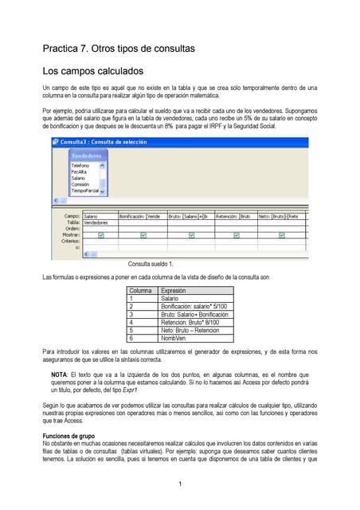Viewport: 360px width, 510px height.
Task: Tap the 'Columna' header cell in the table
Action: tap(142, 291)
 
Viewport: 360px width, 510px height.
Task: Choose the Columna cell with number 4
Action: tap(131, 323)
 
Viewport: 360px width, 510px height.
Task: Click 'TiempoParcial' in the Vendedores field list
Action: tap(87, 190)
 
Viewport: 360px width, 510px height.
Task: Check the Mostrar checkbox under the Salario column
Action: tap(101, 235)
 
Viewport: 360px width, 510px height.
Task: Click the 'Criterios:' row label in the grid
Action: tap(69, 241)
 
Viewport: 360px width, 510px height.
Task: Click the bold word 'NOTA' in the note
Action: tap(60, 375)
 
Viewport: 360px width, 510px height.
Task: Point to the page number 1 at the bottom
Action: tap(180, 484)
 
